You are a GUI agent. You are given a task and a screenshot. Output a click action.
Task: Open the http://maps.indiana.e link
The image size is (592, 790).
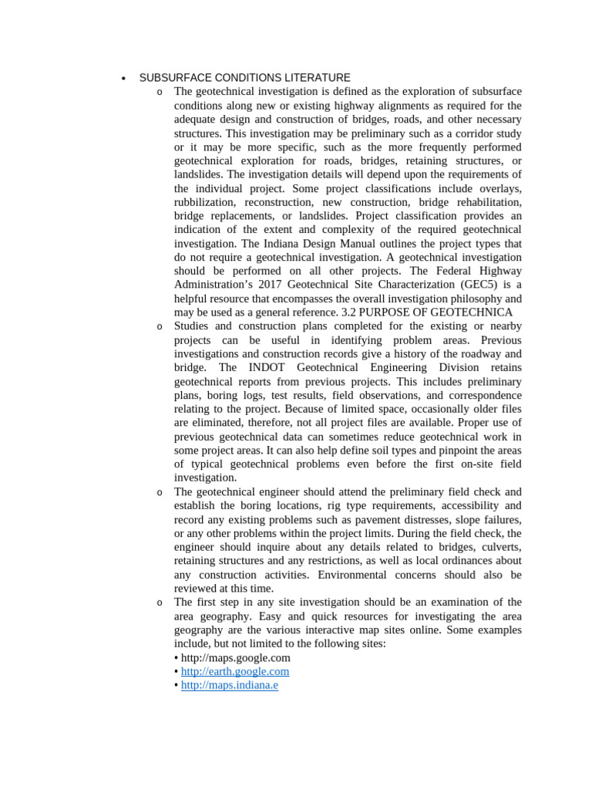[x=230, y=685]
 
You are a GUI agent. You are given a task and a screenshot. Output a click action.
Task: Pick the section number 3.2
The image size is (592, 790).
[x=350, y=312]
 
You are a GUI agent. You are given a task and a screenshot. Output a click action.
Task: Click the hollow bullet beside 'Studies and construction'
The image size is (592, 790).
[x=160, y=327]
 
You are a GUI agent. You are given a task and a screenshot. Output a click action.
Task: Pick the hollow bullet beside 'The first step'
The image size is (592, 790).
[x=160, y=603]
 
